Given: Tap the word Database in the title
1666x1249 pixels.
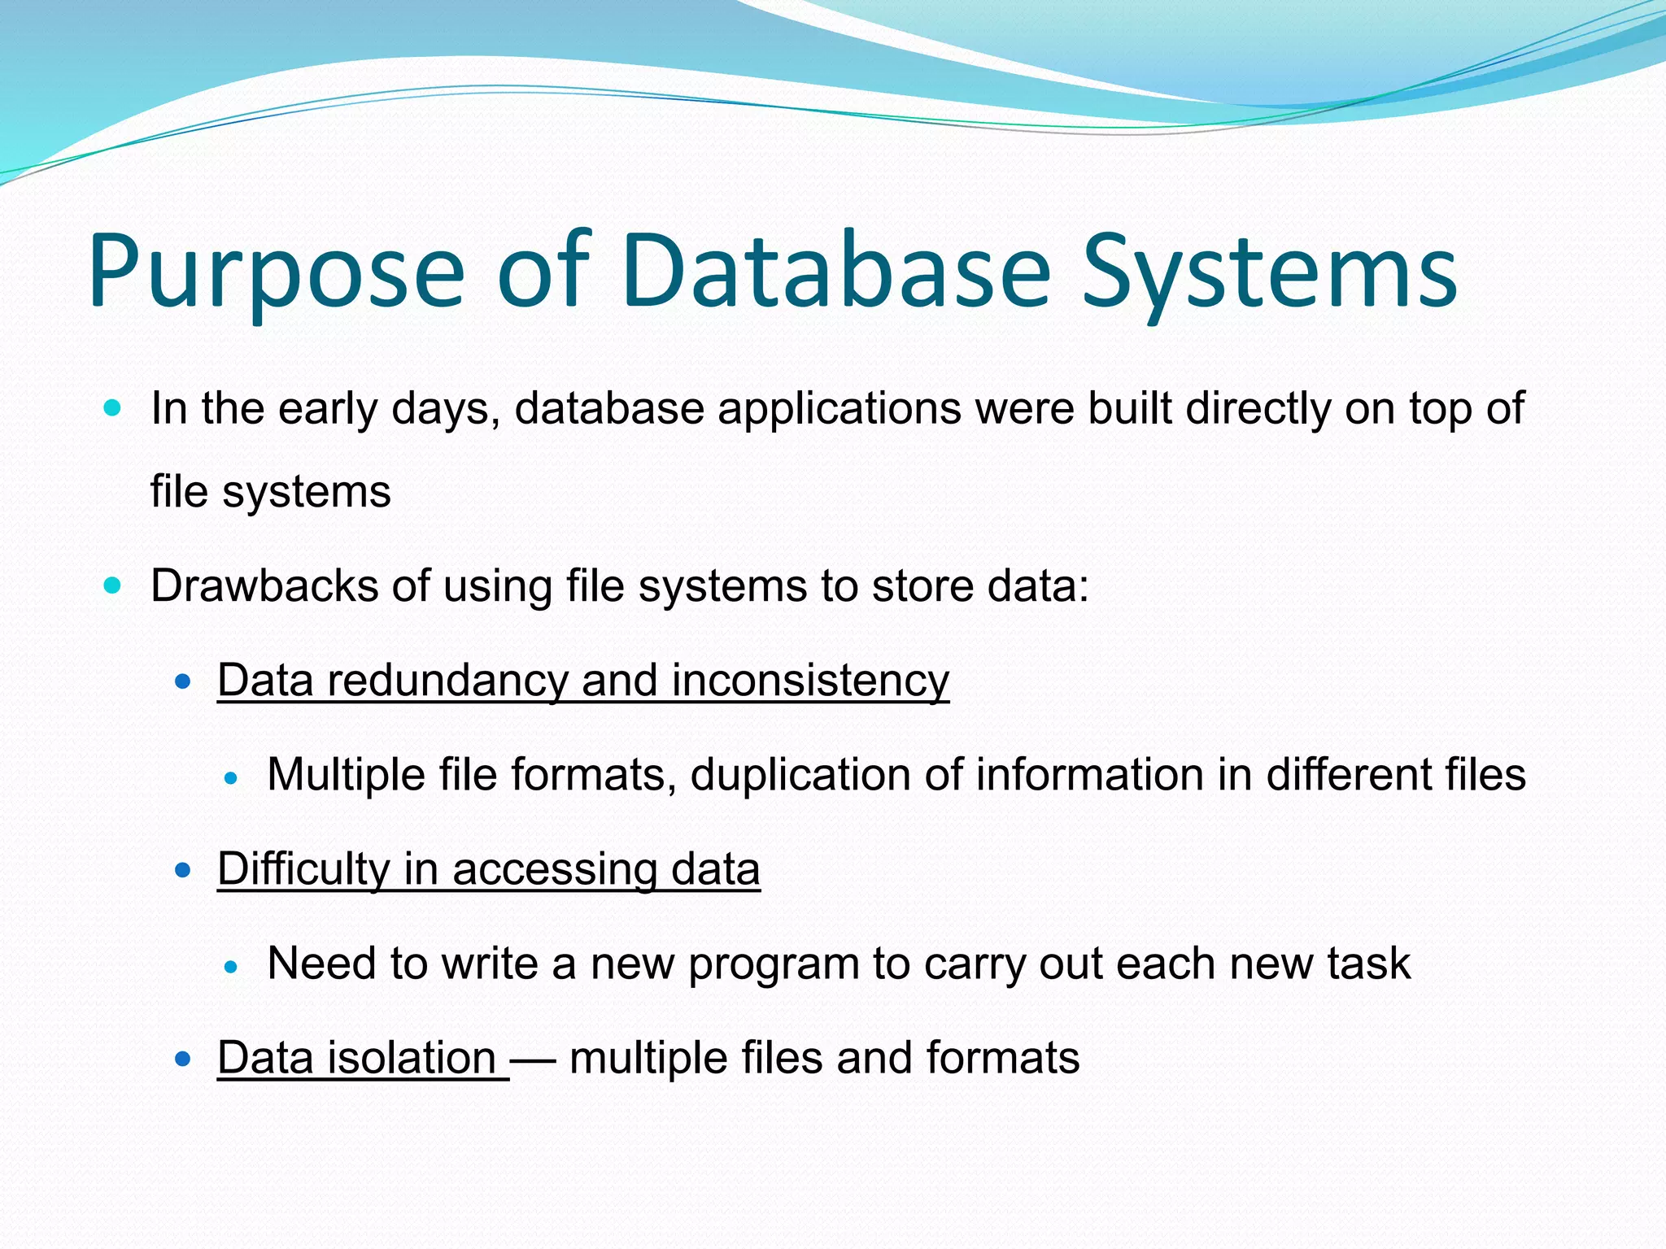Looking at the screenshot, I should [838, 272].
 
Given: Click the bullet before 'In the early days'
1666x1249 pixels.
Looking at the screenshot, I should [113, 407].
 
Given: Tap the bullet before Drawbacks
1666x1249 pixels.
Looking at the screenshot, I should [113, 585].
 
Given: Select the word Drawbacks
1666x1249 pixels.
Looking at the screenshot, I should [264, 586].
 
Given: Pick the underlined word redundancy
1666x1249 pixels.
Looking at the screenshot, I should [447, 681].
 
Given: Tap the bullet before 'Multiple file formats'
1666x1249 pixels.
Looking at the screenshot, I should [231, 778].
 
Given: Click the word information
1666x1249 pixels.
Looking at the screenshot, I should [1090, 775].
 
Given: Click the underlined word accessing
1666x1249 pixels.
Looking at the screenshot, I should [554, 869].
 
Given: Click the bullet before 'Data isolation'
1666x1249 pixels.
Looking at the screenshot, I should [183, 1059].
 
